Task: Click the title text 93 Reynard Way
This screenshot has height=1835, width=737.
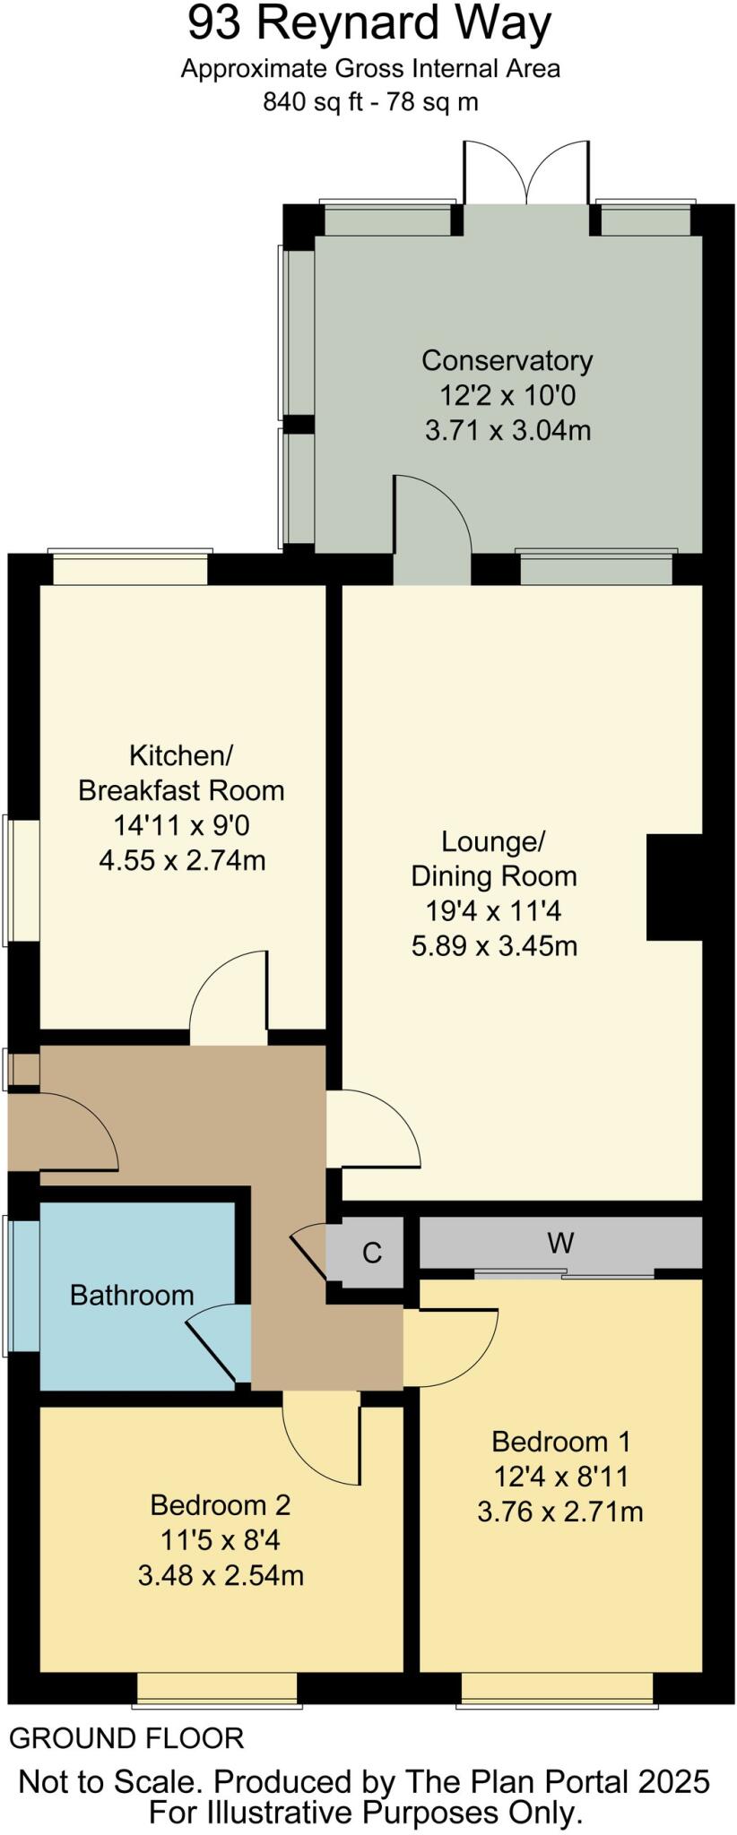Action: (368, 25)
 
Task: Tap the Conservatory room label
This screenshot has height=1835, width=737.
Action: (507, 360)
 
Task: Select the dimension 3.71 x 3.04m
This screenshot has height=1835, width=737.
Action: (507, 430)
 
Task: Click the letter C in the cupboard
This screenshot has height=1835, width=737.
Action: (372, 1252)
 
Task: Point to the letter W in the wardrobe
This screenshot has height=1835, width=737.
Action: (560, 1243)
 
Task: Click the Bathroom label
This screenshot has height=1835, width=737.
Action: (132, 1295)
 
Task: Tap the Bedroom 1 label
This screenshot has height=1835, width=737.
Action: (560, 1442)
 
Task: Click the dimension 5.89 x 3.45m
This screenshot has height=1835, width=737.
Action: (494, 945)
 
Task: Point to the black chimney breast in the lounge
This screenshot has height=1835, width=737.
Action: (673, 887)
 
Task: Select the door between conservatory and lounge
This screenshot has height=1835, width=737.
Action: (432, 529)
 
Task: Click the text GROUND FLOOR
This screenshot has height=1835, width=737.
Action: (126, 1738)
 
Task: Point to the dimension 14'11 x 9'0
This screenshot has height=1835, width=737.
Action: (181, 824)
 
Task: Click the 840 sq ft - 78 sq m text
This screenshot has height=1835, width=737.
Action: (370, 102)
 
